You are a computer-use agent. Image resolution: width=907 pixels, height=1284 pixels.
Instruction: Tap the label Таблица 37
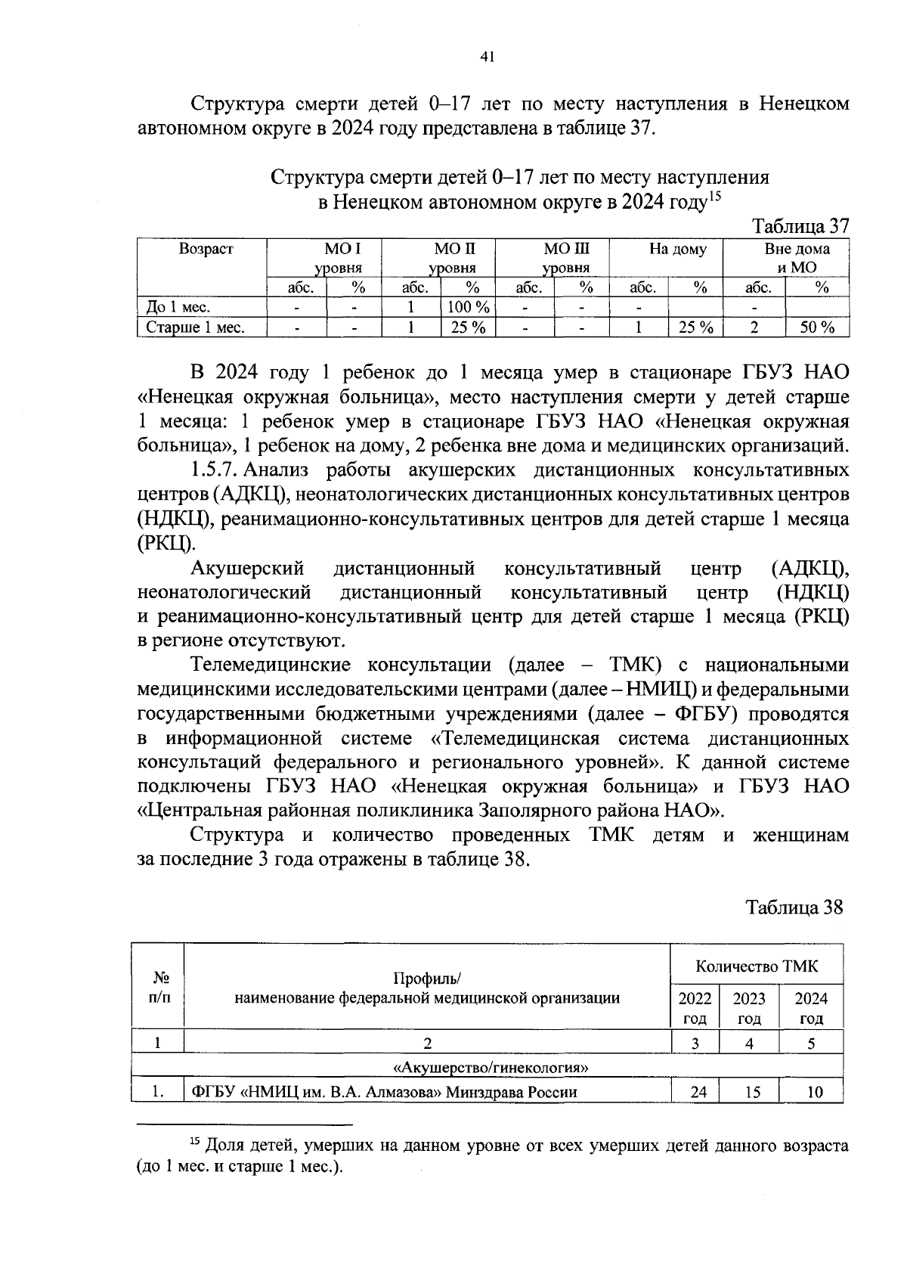801,226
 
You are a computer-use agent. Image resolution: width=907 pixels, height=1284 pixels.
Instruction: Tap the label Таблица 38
794,907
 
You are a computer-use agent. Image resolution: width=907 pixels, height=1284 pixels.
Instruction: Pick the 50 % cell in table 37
817,327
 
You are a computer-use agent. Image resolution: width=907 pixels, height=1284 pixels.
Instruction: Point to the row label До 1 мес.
178,307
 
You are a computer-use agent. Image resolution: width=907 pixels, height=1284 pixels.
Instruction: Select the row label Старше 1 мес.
195,327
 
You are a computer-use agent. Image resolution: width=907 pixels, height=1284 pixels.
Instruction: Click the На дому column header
678,250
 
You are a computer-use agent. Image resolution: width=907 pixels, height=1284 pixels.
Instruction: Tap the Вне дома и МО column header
797,258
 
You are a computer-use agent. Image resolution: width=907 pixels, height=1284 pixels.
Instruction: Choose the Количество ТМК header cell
757,966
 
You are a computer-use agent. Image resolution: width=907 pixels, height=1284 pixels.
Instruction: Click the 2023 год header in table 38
749,1007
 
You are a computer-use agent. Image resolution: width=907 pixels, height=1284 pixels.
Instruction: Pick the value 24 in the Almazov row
699,1092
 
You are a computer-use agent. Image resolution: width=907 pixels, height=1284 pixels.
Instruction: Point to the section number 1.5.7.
215,470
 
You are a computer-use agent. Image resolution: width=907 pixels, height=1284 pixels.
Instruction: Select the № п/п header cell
159,987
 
